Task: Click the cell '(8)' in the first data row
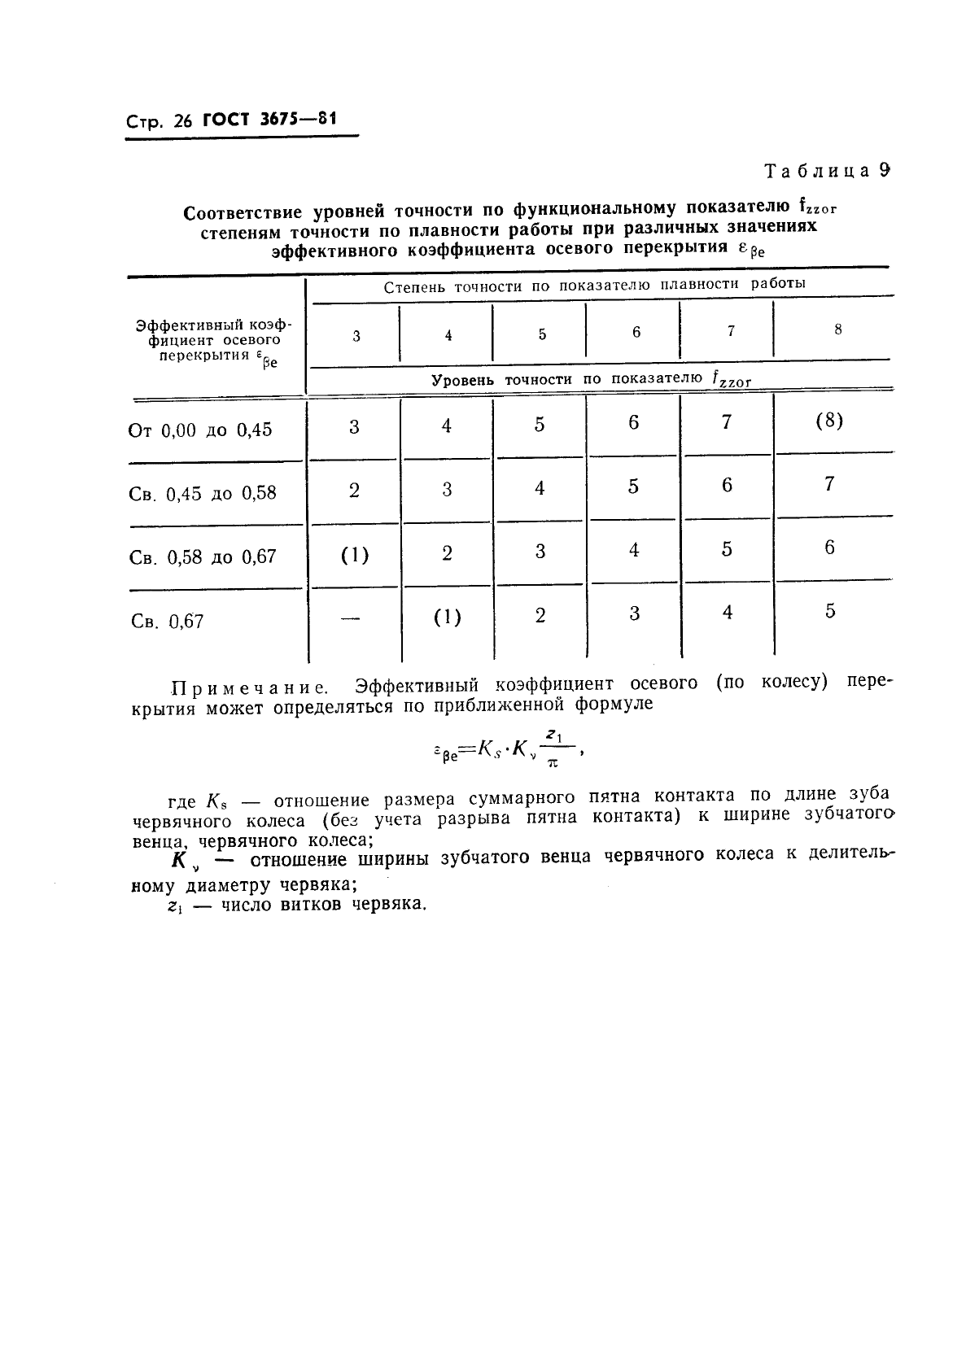tap(828, 421)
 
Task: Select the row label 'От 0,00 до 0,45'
tap(200, 430)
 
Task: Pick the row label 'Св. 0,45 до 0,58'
tap(203, 493)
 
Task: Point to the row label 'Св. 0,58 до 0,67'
tap(203, 557)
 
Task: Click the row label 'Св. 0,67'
tap(167, 622)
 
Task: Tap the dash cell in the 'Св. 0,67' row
tap(351, 619)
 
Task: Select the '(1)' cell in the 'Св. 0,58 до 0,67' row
tap(354, 556)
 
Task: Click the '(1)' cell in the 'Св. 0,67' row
tap(447, 618)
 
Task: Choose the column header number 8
tap(837, 329)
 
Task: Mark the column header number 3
tap(356, 335)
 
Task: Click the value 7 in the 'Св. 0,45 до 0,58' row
tap(828, 484)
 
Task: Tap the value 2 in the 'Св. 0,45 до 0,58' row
tap(354, 491)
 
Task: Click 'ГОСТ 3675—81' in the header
tap(269, 120)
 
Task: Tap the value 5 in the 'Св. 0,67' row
tap(829, 611)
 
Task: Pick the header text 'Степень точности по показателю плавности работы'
tap(594, 285)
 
